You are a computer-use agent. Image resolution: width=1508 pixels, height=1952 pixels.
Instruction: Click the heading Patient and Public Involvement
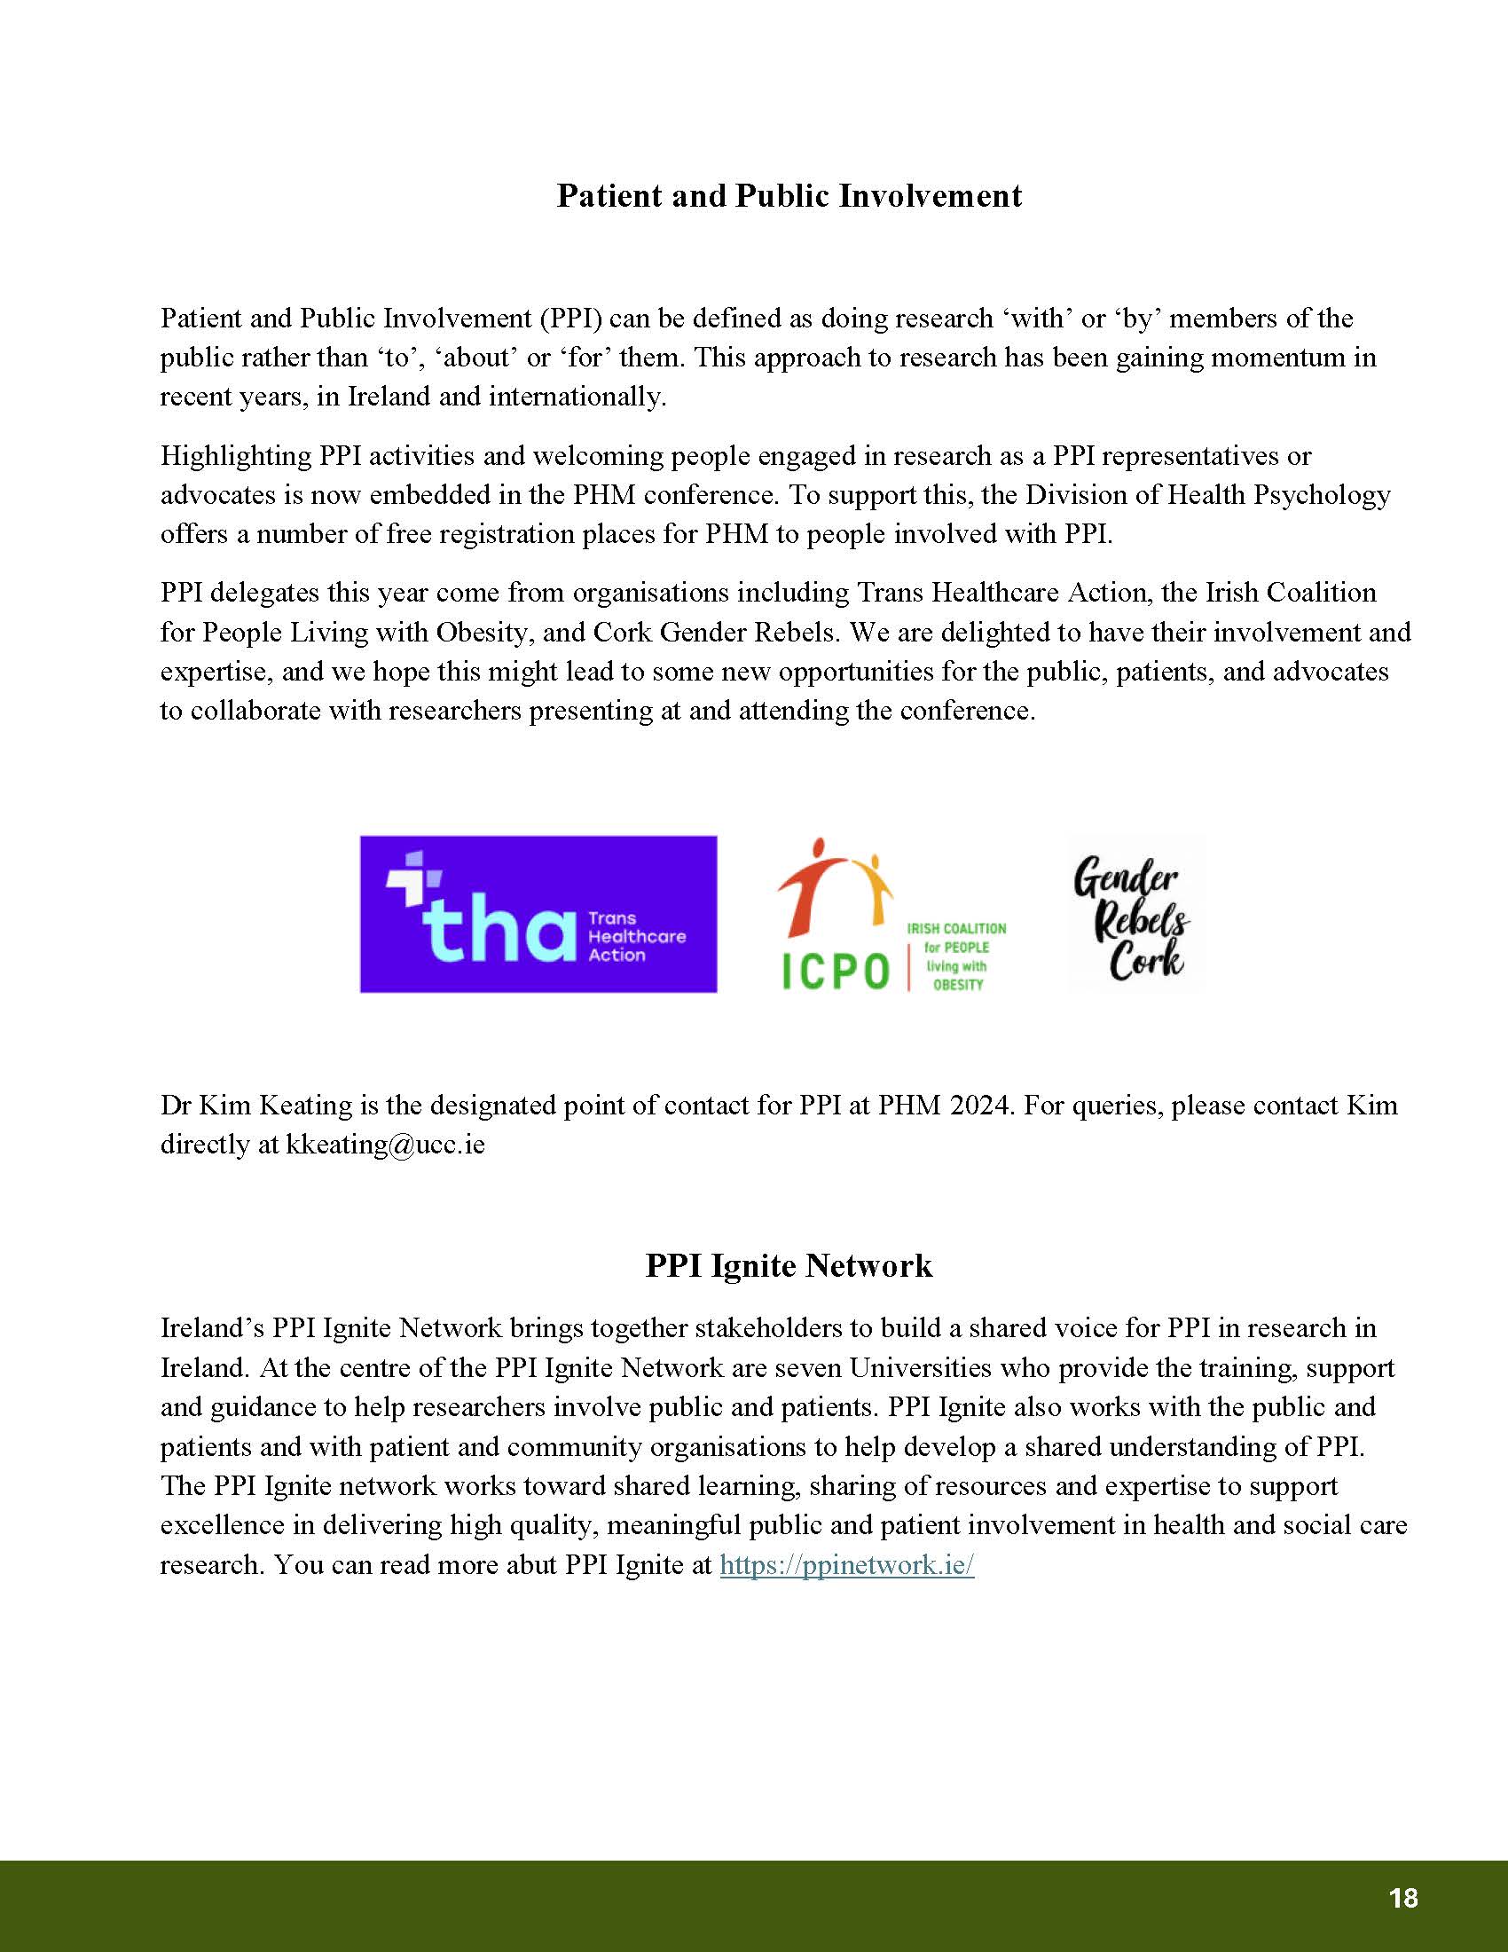789,196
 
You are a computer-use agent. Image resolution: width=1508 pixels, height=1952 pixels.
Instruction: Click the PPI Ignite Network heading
789,1265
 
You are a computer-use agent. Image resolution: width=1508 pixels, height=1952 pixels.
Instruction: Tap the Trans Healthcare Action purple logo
538,913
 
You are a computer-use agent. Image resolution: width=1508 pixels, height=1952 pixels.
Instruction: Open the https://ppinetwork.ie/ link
846,1565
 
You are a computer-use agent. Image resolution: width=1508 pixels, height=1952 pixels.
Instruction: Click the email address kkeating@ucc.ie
385,1145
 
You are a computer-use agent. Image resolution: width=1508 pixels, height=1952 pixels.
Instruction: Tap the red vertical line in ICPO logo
907,957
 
